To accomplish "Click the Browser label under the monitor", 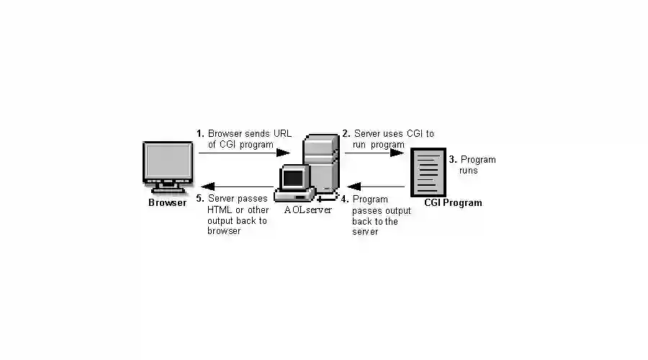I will [167, 202].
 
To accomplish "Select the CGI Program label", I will [453, 202].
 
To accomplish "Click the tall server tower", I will [321, 162].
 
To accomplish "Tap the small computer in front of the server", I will [295, 183].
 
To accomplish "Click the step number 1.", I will [200, 133].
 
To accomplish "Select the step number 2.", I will [346, 133].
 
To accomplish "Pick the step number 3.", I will [452, 160].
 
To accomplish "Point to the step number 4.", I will [345, 199].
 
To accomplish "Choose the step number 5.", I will [200, 199].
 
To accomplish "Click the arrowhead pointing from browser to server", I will [283, 153].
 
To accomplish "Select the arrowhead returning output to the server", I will [354, 187].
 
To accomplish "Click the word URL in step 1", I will [282, 133].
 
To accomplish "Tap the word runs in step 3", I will [469, 171].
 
